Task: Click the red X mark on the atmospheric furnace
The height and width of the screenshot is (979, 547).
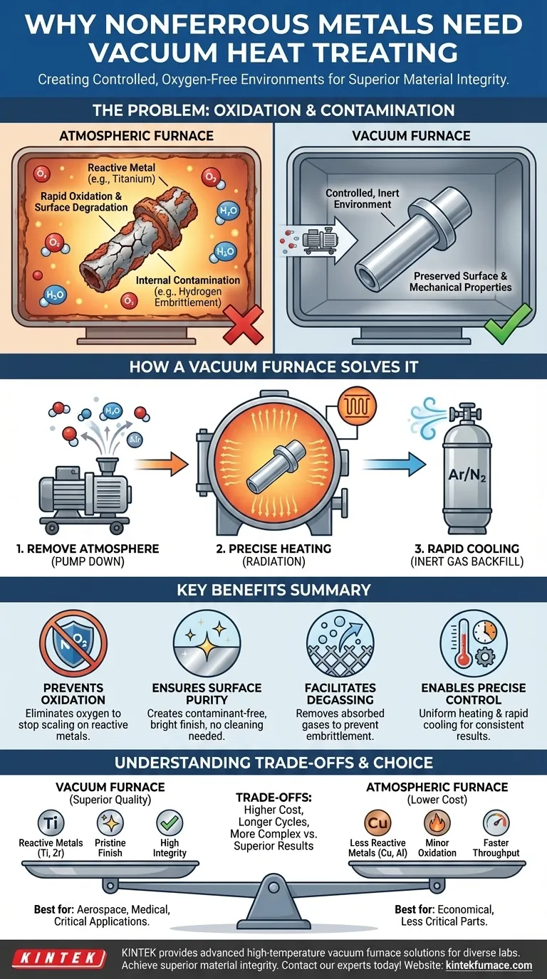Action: pos(244,324)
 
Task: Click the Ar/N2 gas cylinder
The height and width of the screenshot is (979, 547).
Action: pos(467,467)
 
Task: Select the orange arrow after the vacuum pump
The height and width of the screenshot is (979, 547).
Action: pos(161,464)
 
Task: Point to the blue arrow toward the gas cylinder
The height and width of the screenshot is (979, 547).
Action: pos(394,464)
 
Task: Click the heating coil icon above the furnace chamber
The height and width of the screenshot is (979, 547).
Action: pos(357,406)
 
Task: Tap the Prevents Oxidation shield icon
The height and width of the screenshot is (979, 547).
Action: pos(73,643)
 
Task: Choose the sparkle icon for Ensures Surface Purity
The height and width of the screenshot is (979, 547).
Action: pos(207,643)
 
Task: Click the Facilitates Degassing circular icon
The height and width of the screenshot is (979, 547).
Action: pos(340,643)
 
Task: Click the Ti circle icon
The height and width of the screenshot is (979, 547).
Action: pos(51,823)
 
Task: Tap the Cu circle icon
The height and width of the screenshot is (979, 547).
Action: pos(377,823)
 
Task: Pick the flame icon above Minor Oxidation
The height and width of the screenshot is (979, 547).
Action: pos(437,823)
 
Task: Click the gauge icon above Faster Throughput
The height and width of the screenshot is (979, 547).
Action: pos(496,823)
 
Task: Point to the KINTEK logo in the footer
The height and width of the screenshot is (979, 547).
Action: pos(59,958)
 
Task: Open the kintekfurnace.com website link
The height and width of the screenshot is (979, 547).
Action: pos(489,965)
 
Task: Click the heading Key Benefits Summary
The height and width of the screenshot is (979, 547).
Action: pos(273,590)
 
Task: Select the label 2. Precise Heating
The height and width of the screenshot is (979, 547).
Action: pos(273,549)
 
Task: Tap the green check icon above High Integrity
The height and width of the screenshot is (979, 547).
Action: pos(170,823)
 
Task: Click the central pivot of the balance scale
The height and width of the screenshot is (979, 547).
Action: pos(273,887)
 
